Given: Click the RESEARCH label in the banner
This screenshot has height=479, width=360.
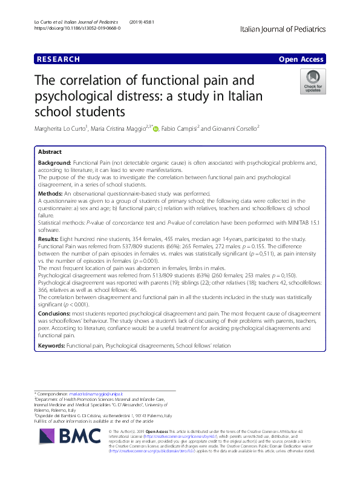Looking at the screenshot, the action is click(59, 59).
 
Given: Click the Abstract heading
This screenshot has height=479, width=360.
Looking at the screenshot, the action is click(50, 152).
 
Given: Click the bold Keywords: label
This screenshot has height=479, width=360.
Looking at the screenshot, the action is click(51, 345).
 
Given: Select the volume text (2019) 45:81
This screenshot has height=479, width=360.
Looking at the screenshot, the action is click(142, 22).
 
